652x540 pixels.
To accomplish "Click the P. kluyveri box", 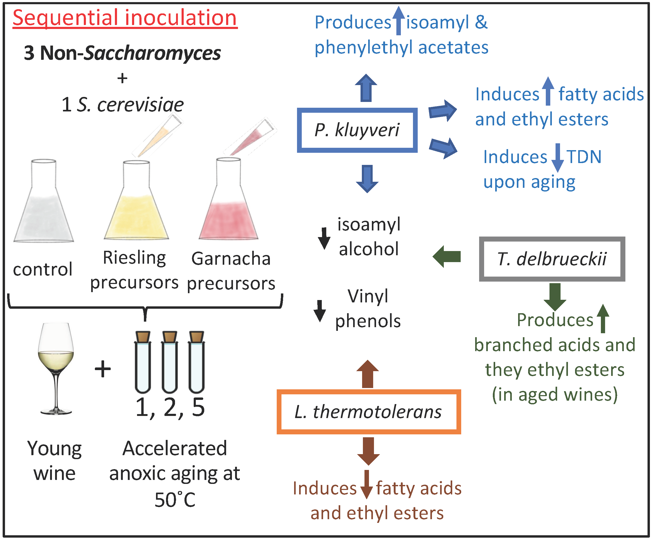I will [357, 130].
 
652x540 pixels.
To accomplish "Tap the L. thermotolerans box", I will [368, 412].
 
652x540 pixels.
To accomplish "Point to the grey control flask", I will [44, 211].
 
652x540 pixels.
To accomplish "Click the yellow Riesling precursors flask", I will [136, 214].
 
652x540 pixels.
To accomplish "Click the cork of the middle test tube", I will [169, 337].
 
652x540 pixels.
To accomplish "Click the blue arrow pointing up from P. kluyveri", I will [366, 88].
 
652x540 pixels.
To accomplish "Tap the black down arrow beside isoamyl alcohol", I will [324, 238].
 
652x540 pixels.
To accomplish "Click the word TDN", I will [584, 157].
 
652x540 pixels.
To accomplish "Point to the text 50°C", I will [175, 500].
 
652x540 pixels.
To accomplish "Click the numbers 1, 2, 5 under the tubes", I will [170, 407].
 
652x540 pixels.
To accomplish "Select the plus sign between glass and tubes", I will [103, 369].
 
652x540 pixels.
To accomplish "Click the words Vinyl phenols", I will [368, 308].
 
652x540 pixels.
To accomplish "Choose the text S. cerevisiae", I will [130, 105].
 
